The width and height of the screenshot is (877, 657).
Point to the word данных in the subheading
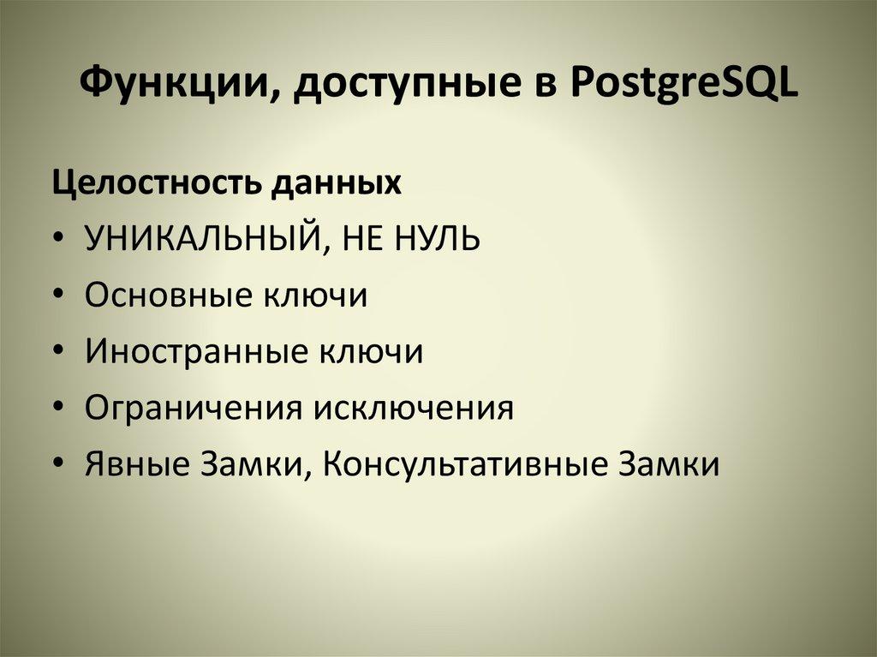point(337,184)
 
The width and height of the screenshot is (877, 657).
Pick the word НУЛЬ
point(437,240)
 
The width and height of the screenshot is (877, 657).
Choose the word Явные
point(138,465)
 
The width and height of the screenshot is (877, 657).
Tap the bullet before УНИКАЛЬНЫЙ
point(57,241)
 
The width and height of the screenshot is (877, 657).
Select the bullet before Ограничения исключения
point(57,409)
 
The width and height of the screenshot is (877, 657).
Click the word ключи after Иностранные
point(373,352)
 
